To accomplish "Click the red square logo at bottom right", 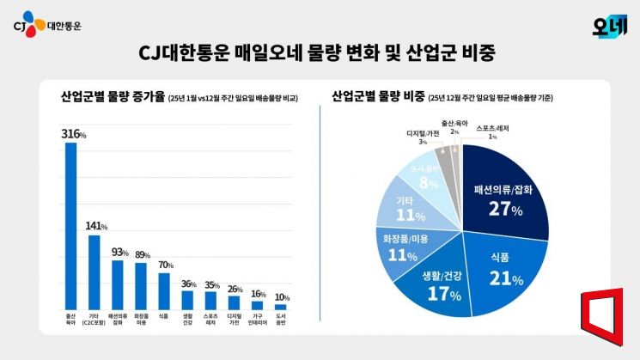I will pos(606,322).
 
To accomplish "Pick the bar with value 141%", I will pos(94,272).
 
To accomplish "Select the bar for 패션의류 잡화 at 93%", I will pos(118,284).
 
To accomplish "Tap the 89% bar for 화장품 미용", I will pos(141,285).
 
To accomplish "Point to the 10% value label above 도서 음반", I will pos(280,296).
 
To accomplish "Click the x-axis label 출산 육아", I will pos(71,320).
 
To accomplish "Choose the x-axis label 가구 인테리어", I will pos(257,320).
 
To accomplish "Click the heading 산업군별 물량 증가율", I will pos(112,97).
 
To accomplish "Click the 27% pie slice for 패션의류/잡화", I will pos(507,193).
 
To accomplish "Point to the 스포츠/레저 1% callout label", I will pos(492,131).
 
